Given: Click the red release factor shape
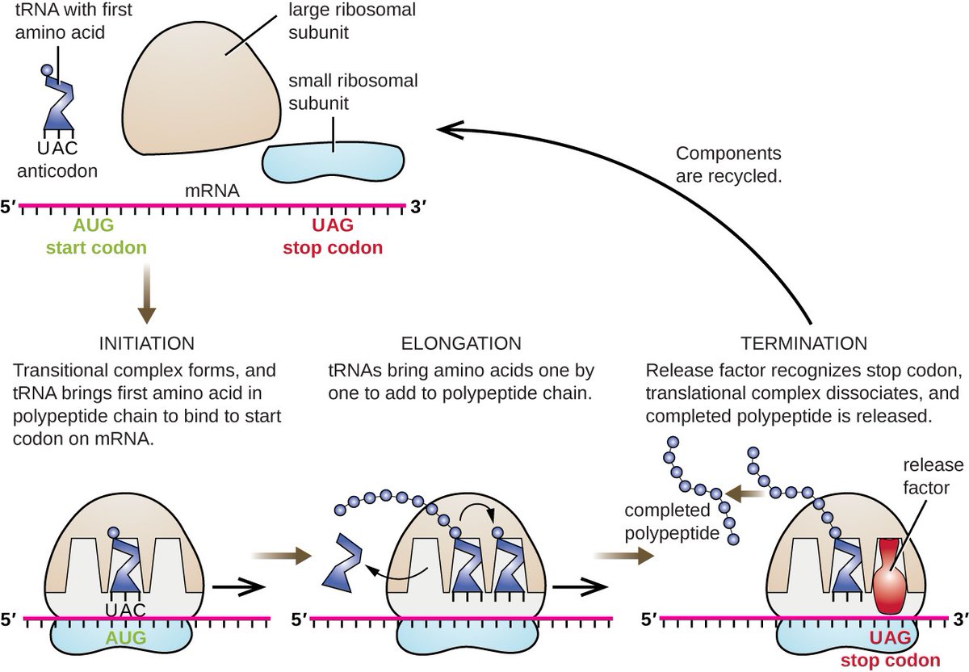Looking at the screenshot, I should click(x=891, y=575).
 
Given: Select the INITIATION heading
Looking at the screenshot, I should click(x=146, y=343).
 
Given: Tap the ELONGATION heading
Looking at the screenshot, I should click(x=461, y=343).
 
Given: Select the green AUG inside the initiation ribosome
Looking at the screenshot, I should click(x=120, y=638).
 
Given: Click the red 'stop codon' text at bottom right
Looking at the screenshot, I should click(x=890, y=658).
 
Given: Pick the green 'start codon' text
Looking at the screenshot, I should click(x=97, y=246).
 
